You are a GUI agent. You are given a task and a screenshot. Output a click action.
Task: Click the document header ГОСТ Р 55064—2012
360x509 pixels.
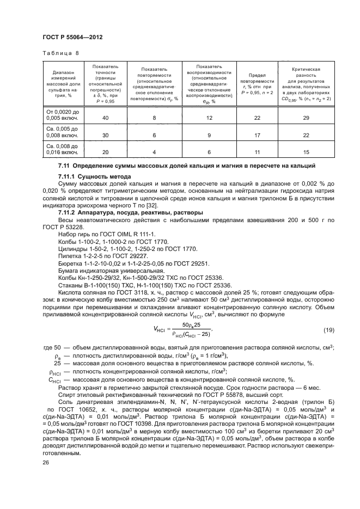click(72, 36)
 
